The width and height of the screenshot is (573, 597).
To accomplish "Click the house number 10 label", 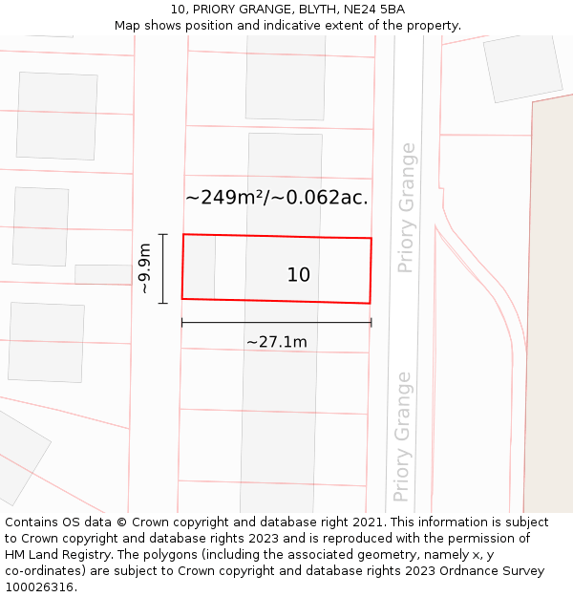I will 299,275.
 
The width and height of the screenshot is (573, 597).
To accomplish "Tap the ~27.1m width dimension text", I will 276,342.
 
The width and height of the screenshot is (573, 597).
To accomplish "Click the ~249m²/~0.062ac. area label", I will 277,198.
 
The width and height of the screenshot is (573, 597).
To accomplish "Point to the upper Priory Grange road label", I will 407,207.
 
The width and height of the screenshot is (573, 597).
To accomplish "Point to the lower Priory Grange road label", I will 403,437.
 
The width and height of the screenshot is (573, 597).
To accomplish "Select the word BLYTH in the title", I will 314,10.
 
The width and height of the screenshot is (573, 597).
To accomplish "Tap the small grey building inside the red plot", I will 199,267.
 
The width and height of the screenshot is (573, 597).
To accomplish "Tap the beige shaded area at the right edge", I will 549,306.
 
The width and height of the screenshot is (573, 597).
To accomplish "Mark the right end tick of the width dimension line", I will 371,323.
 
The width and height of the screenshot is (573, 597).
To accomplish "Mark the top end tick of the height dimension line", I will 163,235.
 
